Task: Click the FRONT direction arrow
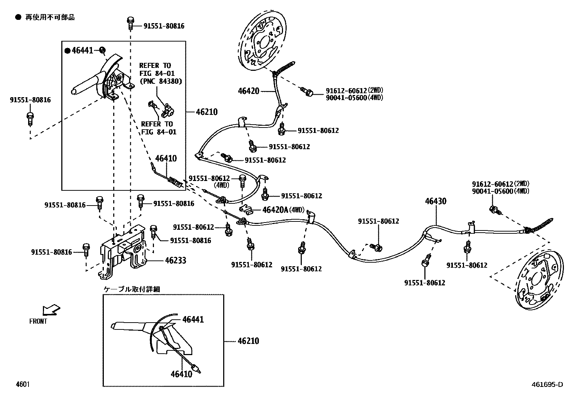(51, 310)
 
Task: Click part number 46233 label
(175, 260)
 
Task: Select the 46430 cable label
(435, 201)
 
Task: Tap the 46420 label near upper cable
(248, 91)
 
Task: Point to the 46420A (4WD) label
(283, 210)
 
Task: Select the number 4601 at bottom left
(22, 384)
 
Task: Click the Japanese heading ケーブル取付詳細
(132, 289)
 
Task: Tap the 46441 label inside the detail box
(193, 319)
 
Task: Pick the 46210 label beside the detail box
(248, 341)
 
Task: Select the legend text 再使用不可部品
(50, 17)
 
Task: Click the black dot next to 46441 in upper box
(67, 51)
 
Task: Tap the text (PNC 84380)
(160, 81)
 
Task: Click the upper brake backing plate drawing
(263, 40)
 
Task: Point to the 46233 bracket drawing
(123, 251)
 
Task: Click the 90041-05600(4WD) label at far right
(500, 191)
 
